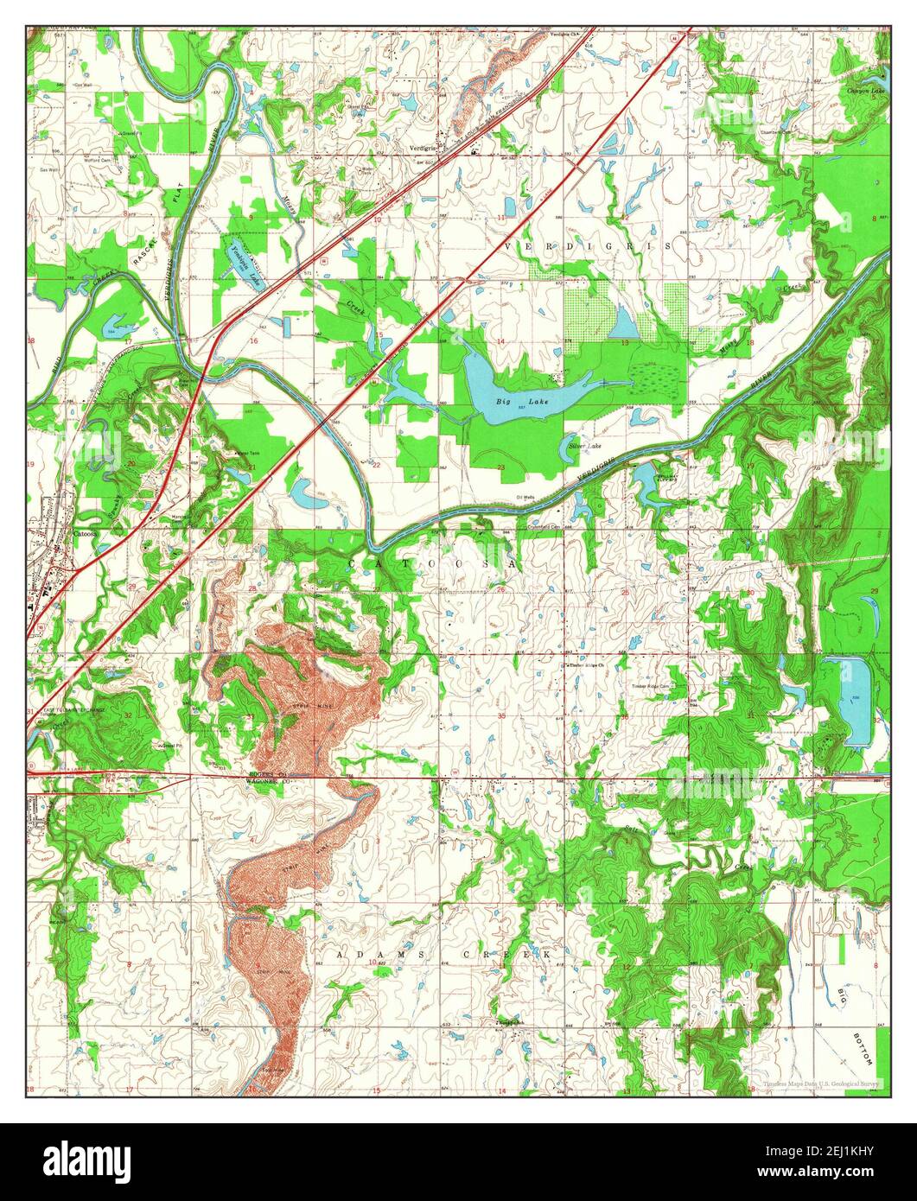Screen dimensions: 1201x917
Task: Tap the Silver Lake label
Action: pos(584,446)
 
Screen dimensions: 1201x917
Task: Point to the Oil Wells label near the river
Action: pos(525,498)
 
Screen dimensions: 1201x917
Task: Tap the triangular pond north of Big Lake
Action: pos(623,323)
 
